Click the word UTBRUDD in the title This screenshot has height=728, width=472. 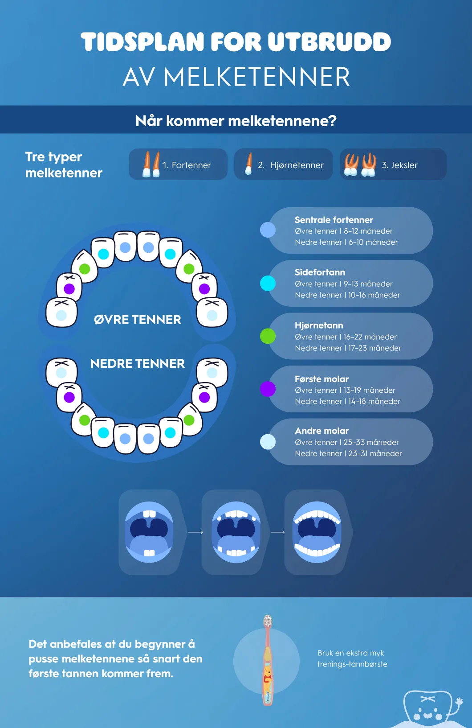329,42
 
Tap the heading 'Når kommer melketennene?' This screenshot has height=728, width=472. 236,121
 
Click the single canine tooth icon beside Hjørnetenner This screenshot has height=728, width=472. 248,164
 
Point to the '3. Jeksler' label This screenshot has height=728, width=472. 399,165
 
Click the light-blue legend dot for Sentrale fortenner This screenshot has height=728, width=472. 268,230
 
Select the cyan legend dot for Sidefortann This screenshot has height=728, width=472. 268,283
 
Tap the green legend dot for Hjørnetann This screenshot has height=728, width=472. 268,336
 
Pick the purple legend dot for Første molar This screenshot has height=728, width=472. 268,389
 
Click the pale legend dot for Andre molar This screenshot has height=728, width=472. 268,442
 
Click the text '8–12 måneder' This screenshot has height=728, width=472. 368,231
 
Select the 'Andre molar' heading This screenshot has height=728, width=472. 321,431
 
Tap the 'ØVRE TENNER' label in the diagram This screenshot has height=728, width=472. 137,320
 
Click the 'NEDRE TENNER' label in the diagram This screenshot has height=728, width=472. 137,363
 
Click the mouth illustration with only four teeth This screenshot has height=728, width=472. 149,532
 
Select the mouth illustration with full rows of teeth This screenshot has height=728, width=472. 317,532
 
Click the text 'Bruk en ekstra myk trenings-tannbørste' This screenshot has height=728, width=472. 352,658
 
